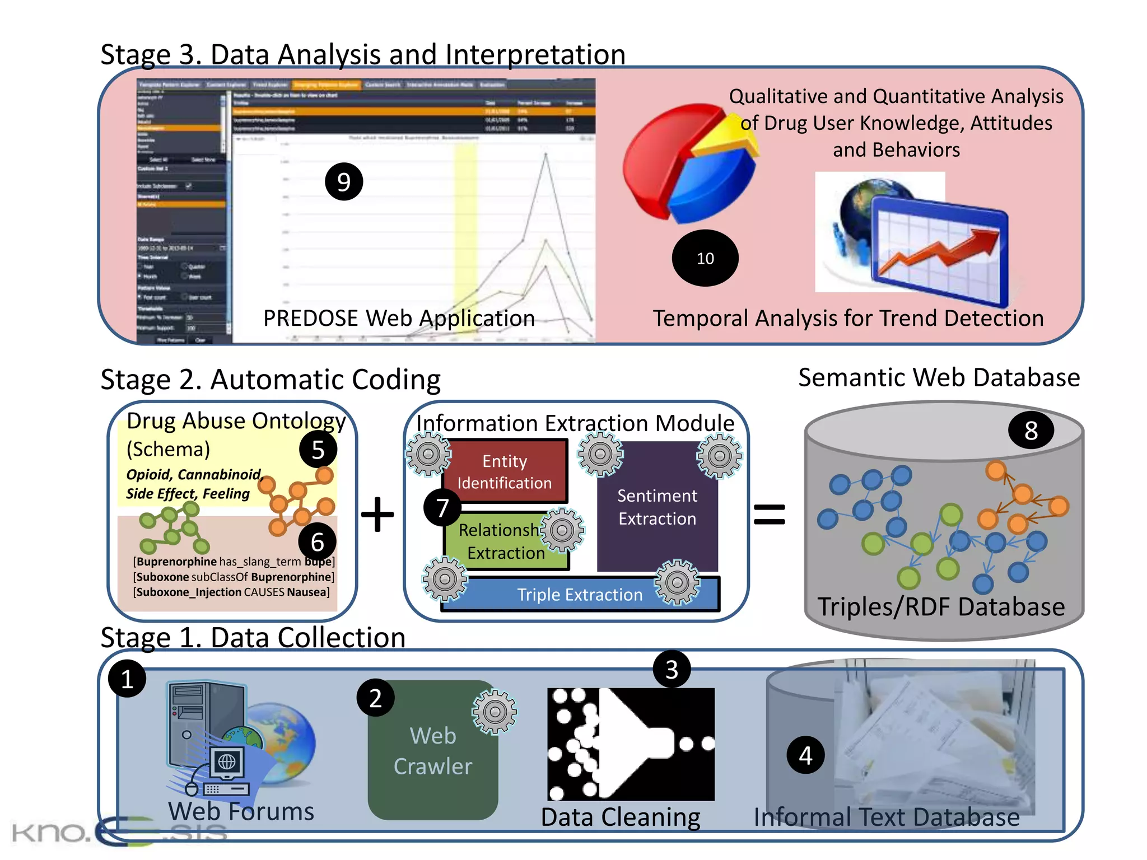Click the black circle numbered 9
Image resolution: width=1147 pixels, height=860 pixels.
344,181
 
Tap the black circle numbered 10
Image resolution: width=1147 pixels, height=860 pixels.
705,258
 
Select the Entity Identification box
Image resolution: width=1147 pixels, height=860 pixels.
505,471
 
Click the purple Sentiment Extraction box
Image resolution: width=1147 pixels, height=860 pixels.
657,507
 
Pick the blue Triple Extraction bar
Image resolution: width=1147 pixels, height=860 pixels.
579,595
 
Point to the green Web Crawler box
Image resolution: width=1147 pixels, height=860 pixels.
432,750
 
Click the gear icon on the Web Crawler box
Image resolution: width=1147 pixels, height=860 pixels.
495,712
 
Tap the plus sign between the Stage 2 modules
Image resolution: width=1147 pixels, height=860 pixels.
377,514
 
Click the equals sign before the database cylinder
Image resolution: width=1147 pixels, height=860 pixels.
769,514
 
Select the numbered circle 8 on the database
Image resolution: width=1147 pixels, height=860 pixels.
1031,431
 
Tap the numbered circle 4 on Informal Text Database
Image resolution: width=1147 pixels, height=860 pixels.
805,755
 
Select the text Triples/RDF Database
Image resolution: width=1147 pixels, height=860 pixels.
941,607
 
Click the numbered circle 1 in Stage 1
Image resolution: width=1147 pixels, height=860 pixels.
127,679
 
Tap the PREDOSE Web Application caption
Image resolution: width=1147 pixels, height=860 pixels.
399,318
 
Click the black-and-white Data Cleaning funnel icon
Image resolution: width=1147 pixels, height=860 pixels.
631,744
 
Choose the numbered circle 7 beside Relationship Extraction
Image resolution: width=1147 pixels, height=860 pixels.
442,508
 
